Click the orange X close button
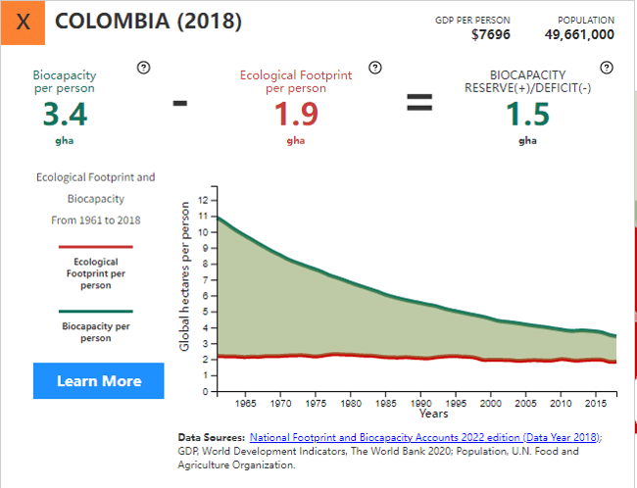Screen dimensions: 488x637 point(24,23)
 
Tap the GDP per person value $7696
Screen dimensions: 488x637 point(490,34)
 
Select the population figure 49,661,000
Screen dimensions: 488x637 point(579,34)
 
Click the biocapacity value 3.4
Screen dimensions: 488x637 point(65,115)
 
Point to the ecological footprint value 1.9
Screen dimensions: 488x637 point(296,115)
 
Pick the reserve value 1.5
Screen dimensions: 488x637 point(527,115)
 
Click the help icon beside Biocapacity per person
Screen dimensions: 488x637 point(143,68)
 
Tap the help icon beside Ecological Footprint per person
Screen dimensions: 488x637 point(374,68)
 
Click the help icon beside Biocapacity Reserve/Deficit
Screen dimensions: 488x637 point(606,68)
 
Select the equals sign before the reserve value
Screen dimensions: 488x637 point(419,102)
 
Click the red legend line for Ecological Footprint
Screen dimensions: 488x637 point(95,248)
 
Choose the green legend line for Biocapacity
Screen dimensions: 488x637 point(95,311)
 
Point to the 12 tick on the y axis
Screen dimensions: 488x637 point(203,200)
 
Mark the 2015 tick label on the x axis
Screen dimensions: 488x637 point(594,403)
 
